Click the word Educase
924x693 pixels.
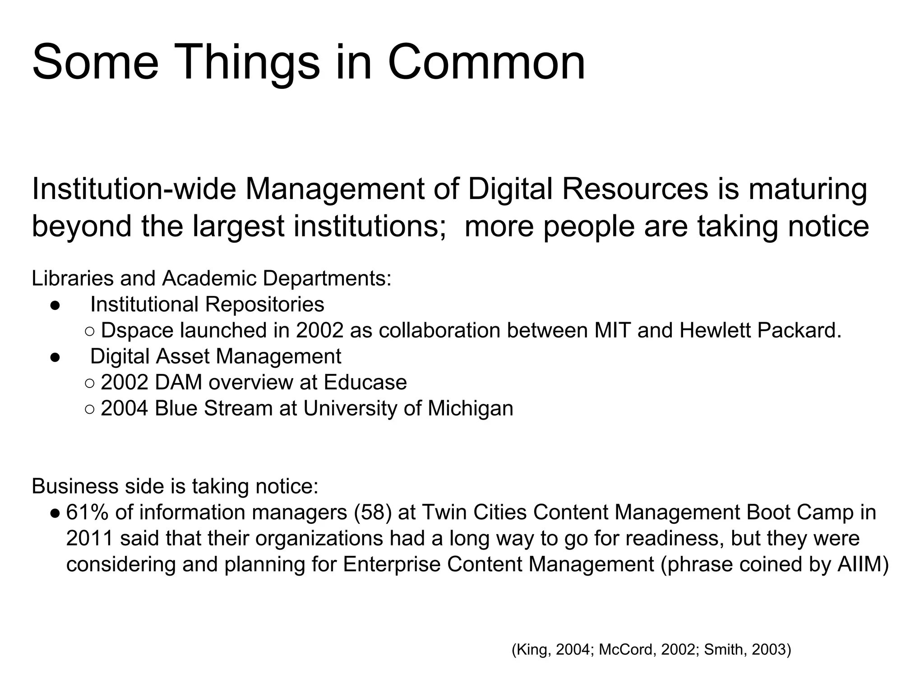coord(365,383)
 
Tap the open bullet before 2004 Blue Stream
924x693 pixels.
coord(90,409)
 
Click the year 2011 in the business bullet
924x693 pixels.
coord(89,538)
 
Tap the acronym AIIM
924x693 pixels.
coord(862,564)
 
